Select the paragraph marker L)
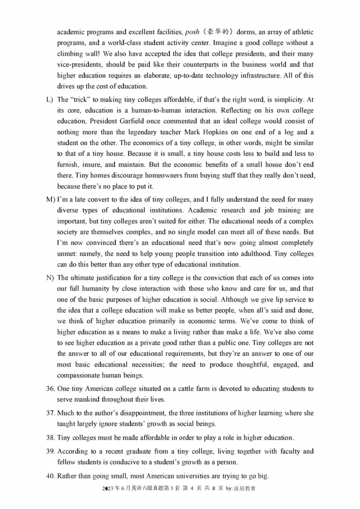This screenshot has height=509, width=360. point(49,100)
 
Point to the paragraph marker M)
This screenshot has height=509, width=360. point(50,199)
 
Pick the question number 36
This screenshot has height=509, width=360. point(50,388)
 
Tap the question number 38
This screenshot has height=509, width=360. point(50,438)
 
